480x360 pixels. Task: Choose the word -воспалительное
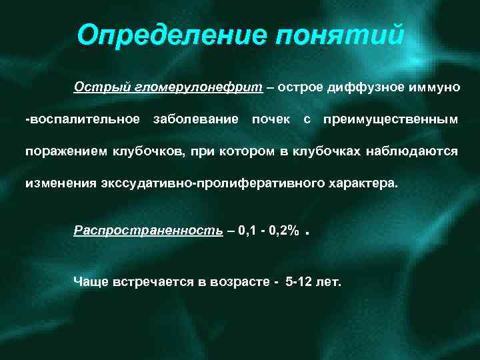[x=83, y=119]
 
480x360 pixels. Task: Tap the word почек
[x=271, y=119]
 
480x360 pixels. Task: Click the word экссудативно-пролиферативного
[x=211, y=183]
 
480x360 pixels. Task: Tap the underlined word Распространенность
[x=148, y=230]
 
